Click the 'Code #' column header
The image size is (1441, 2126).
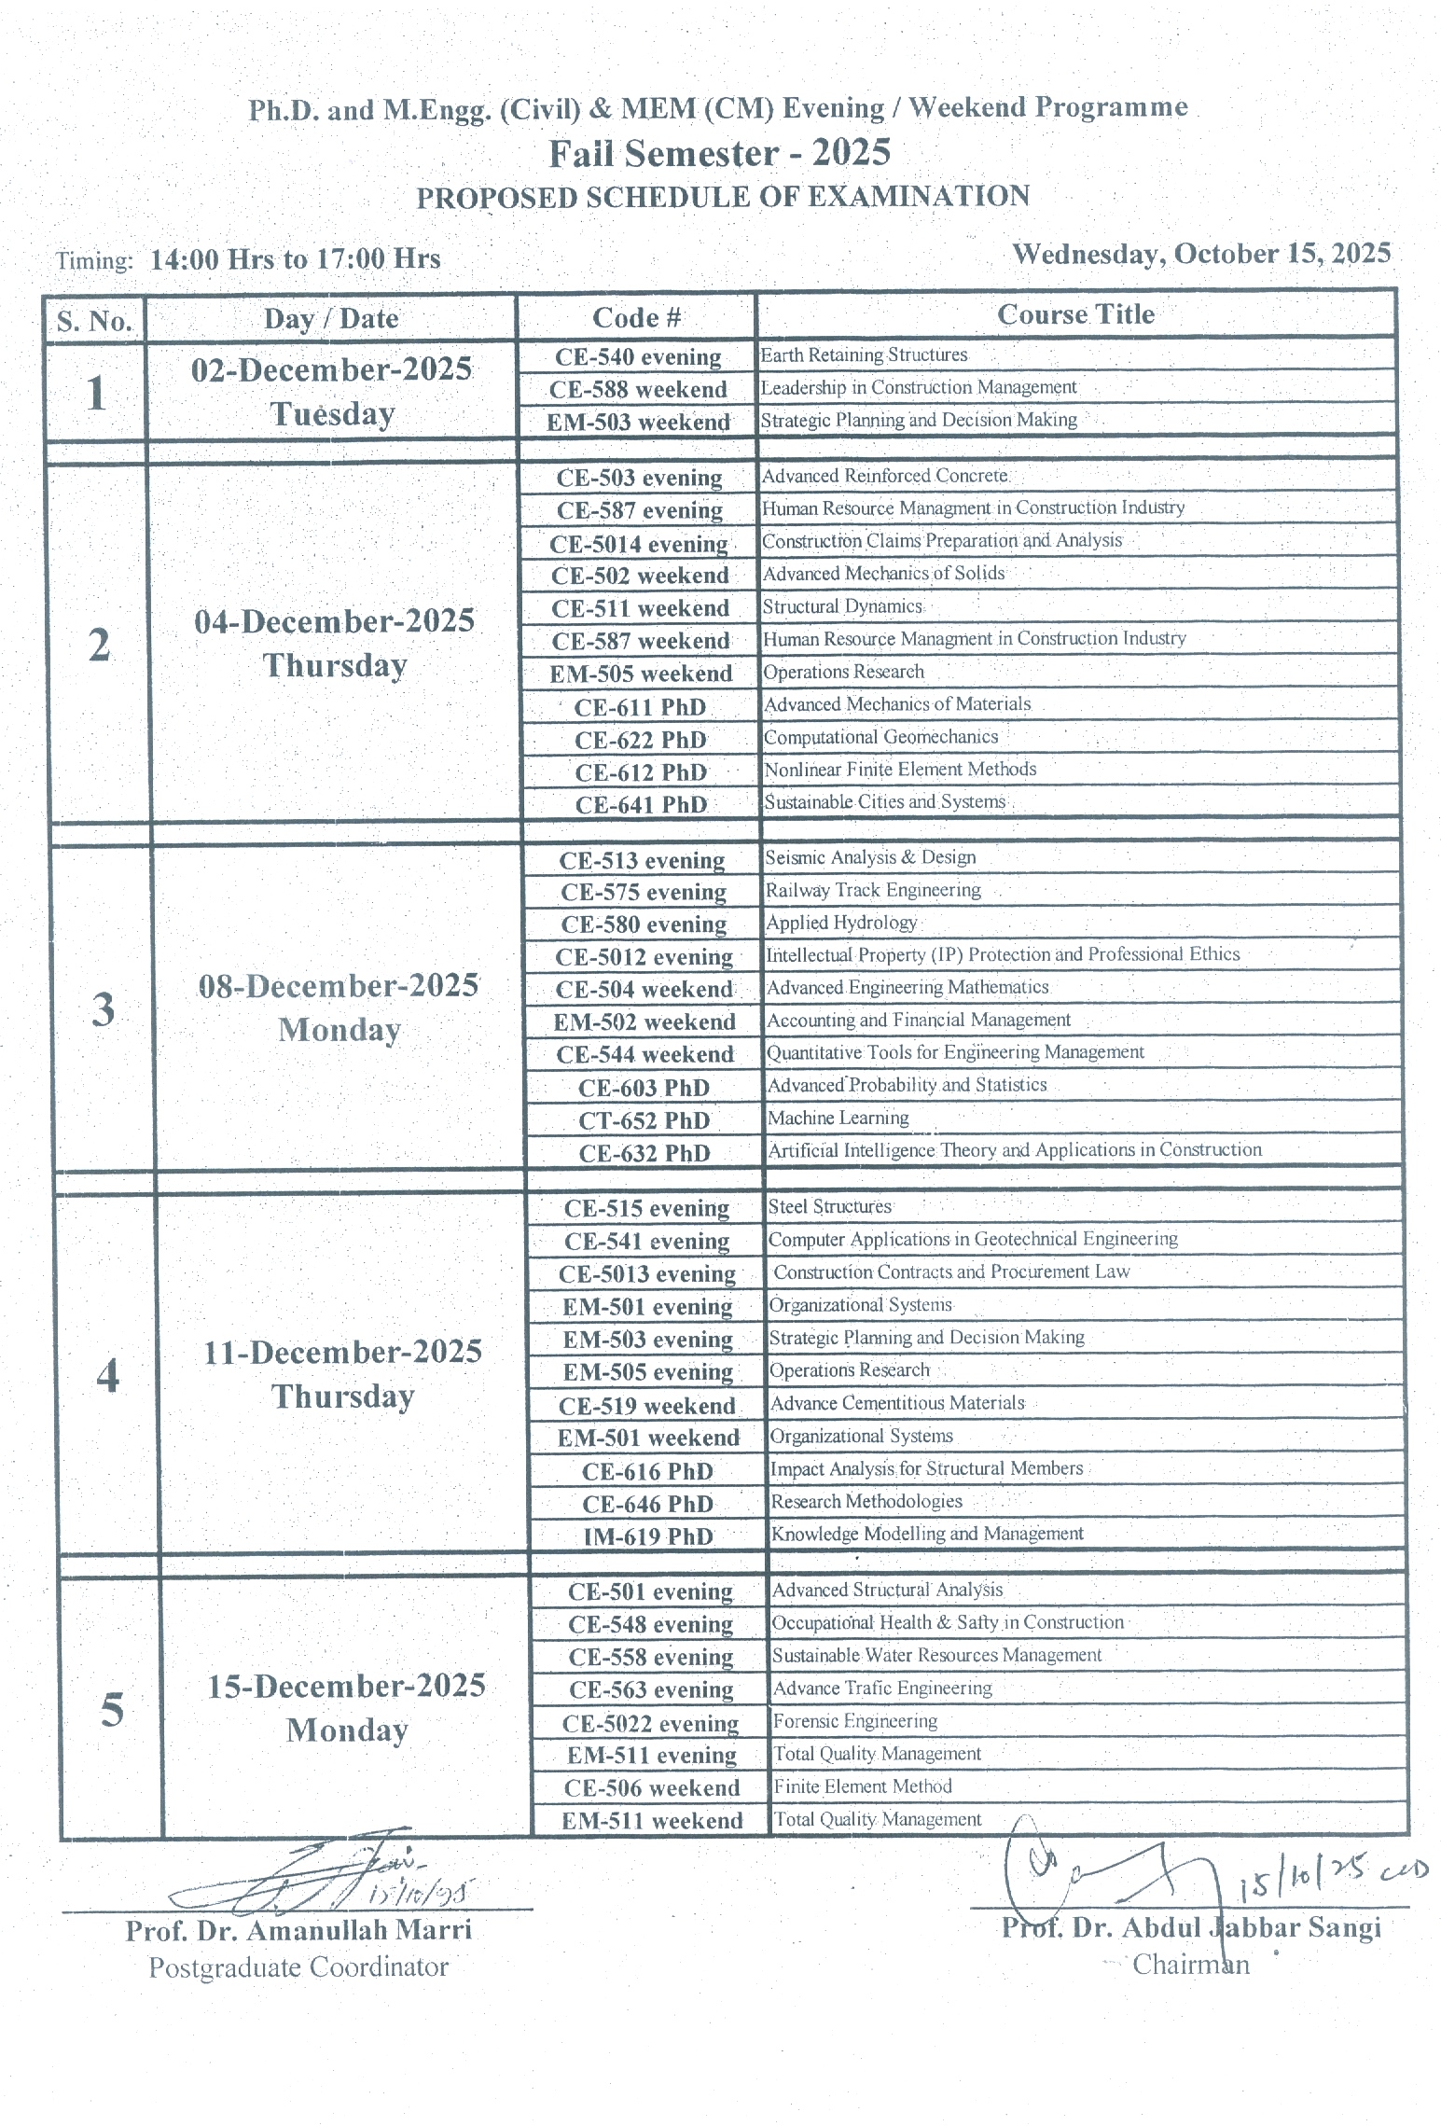coord(636,318)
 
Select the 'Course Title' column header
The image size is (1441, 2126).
coord(1075,314)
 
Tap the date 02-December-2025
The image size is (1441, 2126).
coord(332,369)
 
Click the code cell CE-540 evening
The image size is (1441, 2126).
coord(638,357)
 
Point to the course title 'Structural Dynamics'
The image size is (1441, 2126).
coord(842,606)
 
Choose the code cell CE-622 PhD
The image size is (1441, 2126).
coord(641,740)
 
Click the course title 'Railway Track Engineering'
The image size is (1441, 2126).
coord(873,890)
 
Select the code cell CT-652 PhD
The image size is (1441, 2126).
coord(644,1120)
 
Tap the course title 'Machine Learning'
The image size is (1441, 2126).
coord(838,1118)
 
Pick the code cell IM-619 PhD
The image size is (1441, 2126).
coord(648,1536)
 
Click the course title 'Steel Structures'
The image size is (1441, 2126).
coord(829,1206)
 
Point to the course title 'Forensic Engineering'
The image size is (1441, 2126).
coord(854,1720)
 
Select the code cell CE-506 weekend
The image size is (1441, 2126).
coord(652,1787)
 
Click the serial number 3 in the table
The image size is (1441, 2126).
coord(103,1008)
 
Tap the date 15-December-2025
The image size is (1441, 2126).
coord(346,1686)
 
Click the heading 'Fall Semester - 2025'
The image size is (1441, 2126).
coord(719,153)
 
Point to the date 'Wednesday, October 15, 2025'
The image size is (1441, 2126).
coord(1201,254)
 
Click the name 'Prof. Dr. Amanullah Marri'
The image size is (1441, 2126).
coord(298,1929)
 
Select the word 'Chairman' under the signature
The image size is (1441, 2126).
coord(1190,1965)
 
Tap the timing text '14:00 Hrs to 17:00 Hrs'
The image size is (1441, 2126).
coord(295,258)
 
